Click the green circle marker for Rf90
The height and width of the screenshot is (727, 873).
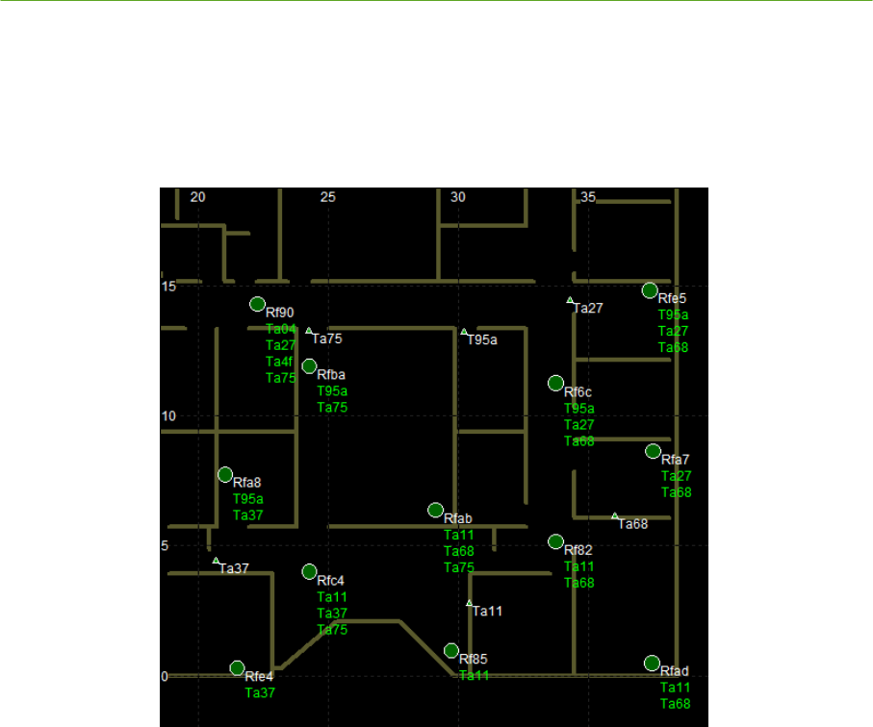(x=257, y=304)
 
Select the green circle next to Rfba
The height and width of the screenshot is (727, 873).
(x=309, y=365)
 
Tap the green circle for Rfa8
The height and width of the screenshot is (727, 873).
(x=225, y=474)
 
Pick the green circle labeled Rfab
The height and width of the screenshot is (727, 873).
(x=435, y=510)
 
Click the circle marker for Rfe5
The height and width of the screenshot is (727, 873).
(x=650, y=290)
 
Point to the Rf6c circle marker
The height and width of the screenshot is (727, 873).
(x=555, y=383)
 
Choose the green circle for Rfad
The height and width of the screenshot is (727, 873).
(x=652, y=663)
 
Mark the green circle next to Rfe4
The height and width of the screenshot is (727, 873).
(x=237, y=667)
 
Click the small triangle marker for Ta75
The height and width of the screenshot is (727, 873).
(x=309, y=331)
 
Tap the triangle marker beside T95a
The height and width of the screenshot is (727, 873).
(x=464, y=332)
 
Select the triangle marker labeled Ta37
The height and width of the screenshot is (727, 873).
(x=216, y=561)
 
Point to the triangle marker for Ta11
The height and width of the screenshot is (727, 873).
(x=470, y=603)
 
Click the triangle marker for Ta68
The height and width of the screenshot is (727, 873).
(x=615, y=516)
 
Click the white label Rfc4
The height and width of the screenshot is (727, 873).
(x=330, y=581)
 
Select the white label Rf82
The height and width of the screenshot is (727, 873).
(x=578, y=550)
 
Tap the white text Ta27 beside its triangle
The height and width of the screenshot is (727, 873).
(x=588, y=308)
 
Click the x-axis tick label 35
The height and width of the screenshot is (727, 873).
(x=588, y=197)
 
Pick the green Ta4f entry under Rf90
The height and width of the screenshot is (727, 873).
(x=279, y=362)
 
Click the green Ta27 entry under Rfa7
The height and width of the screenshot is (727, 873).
(x=676, y=476)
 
